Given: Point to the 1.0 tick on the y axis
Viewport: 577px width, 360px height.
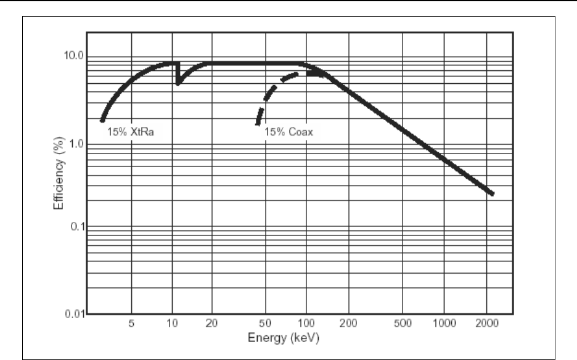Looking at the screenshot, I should (74, 144).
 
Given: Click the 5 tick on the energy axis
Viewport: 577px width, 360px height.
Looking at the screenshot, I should (131, 322).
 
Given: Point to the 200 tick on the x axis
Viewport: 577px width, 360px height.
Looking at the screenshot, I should (348, 322).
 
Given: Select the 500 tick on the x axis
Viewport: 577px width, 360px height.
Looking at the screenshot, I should (403, 322).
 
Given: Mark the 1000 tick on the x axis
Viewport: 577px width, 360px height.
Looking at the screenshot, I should (444, 322).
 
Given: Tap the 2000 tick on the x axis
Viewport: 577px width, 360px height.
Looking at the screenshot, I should (486, 322).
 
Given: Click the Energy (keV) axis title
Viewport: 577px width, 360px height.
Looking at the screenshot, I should (284, 338).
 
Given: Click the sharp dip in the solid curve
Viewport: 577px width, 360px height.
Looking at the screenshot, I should (178, 83).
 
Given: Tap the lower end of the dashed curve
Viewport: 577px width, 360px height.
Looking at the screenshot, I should (258, 123).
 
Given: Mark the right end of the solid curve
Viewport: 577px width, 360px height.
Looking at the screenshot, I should (493, 194).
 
